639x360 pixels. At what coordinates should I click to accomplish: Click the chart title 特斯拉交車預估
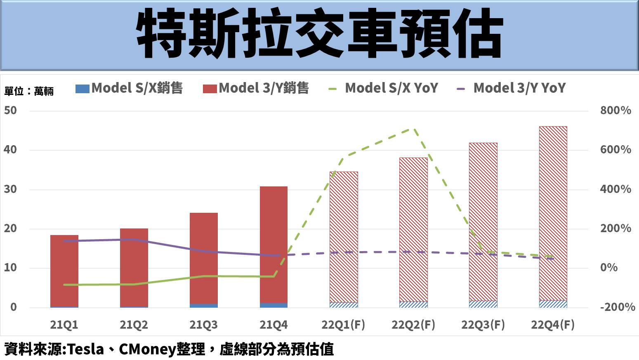(319, 35)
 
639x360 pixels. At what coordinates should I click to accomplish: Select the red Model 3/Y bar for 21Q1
(64, 270)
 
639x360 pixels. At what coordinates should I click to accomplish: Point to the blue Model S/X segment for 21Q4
(274, 305)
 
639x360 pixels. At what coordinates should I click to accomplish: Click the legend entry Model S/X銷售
(129, 88)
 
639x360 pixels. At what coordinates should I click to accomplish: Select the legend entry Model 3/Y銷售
(256, 88)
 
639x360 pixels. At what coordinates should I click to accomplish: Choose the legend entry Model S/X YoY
(384, 88)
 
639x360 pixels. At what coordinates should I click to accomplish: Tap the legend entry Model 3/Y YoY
(512, 88)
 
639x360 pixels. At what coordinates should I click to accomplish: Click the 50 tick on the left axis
(11, 111)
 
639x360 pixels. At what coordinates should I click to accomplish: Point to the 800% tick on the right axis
(615, 111)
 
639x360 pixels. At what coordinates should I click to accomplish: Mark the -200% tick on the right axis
(617, 307)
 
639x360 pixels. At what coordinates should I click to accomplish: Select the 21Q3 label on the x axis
(203, 325)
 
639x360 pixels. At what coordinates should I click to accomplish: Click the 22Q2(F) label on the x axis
(413, 325)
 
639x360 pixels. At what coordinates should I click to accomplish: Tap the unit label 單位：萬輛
(29, 91)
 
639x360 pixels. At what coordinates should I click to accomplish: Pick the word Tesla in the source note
(85, 349)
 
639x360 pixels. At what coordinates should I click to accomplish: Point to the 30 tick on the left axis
(11, 189)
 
